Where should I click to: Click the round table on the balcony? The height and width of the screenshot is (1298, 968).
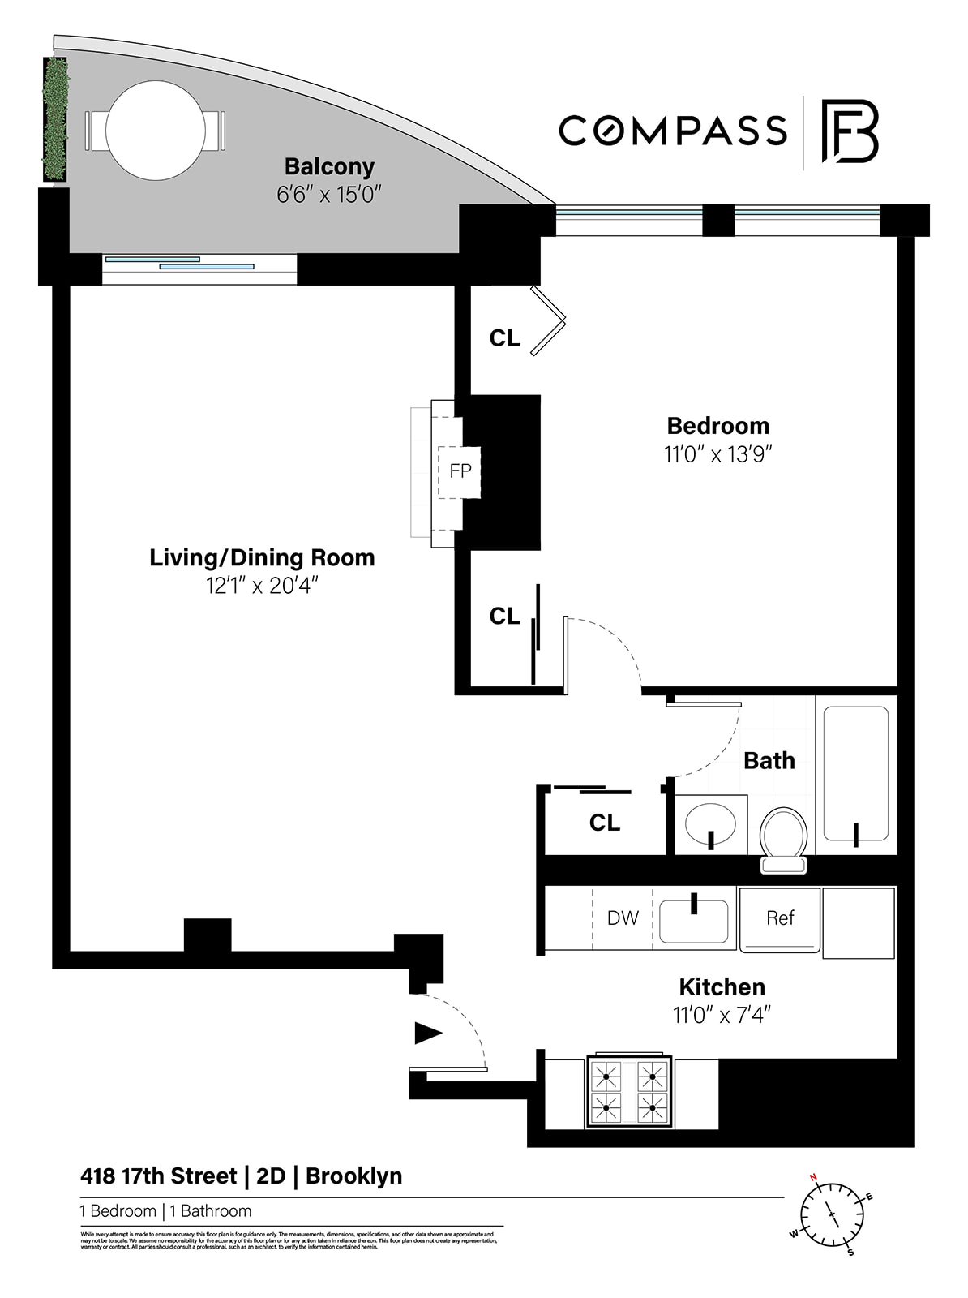(x=156, y=130)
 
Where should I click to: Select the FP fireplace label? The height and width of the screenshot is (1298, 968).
(x=460, y=471)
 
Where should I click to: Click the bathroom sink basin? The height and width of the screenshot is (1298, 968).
(x=710, y=823)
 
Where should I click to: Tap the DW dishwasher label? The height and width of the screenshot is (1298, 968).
(x=623, y=918)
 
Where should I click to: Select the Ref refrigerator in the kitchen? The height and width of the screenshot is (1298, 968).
(x=780, y=918)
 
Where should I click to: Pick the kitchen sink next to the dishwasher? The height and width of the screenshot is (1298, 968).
(x=694, y=921)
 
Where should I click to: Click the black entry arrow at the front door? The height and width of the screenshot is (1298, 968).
(x=428, y=1033)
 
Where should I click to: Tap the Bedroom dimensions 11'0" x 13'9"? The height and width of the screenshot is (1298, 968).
(x=717, y=454)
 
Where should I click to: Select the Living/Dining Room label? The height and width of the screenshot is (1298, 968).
(x=262, y=557)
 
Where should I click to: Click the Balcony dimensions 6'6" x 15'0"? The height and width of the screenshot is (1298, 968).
(x=328, y=195)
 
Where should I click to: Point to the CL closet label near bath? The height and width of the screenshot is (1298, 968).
(x=604, y=823)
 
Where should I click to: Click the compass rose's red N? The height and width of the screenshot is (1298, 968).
(x=814, y=1178)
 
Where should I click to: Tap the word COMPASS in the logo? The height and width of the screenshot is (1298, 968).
(x=673, y=131)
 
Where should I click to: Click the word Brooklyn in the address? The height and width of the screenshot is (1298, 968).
(x=353, y=1176)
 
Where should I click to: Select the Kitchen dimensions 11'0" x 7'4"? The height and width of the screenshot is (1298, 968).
(x=722, y=1015)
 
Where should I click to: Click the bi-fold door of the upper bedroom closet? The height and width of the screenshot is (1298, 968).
(x=550, y=320)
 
